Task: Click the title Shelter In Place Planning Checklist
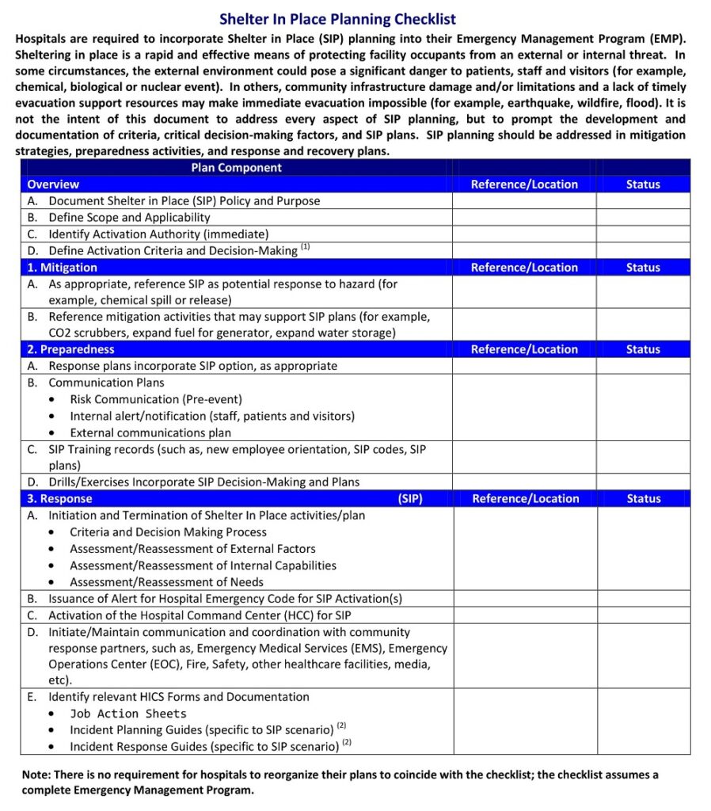pos(337,20)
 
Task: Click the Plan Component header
pos(236,168)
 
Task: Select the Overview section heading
pos(53,185)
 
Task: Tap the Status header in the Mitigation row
pos(642,268)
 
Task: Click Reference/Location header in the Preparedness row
pos(524,349)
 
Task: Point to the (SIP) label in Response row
pos(409,499)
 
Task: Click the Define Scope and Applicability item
pos(129,218)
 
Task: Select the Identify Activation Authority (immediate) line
pos(158,234)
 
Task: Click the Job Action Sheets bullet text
pos(128,714)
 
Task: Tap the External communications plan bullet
pos(150,433)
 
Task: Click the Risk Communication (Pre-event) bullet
pos(156,400)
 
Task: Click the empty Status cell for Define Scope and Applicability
pos(642,218)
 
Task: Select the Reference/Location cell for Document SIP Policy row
pos(524,201)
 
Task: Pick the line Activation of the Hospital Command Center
pos(200,615)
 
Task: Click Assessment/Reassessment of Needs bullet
pos(166,582)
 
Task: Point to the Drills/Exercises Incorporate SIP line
pos(203,482)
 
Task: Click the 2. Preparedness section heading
pos(70,349)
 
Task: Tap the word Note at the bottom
pos(36,775)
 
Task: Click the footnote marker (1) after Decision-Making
pos(305,247)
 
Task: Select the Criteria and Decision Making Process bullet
pos(168,532)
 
